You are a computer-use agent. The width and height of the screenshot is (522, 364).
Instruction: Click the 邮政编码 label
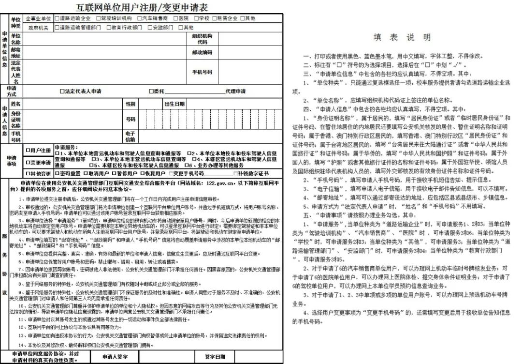pyautogui.click(x=202, y=52)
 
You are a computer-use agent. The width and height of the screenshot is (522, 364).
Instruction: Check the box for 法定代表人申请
pyautogui.click(x=62, y=91)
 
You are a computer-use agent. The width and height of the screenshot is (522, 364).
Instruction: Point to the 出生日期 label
pyautogui.click(x=174, y=104)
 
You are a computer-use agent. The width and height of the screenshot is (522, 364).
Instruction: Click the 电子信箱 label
pyautogui.click(x=130, y=136)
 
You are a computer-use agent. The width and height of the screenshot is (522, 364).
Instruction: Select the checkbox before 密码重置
pyautogui.click(x=57, y=173)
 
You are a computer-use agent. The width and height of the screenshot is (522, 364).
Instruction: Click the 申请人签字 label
pyautogui.click(x=115, y=356)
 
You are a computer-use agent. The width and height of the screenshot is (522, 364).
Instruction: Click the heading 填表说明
pyautogui.click(x=402, y=37)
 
